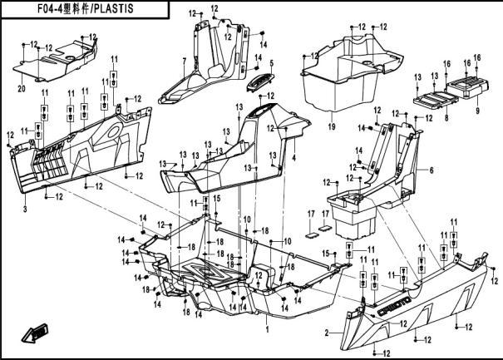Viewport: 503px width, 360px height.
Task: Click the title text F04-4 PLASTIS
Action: (x=86, y=8)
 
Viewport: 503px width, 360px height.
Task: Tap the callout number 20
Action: (x=21, y=89)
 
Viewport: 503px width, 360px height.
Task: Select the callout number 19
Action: (x=332, y=126)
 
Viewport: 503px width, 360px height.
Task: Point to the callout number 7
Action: (x=184, y=61)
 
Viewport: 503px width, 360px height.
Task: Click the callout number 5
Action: (x=271, y=63)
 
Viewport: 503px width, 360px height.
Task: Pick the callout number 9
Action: (x=478, y=111)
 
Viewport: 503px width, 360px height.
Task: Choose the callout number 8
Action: (x=446, y=118)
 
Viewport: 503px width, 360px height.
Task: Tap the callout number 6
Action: (x=431, y=170)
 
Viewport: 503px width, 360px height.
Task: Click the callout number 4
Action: (x=293, y=158)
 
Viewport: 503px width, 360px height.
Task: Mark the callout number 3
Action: (x=25, y=210)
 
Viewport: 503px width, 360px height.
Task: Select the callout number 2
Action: (x=327, y=333)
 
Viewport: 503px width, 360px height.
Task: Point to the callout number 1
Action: (x=268, y=329)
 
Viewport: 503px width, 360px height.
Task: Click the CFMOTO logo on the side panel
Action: (x=394, y=306)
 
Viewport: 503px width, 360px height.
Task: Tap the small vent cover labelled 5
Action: (x=260, y=82)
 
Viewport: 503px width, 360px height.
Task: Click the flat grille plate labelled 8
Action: (x=435, y=99)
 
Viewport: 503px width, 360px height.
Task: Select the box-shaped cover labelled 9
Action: (x=468, y=87)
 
